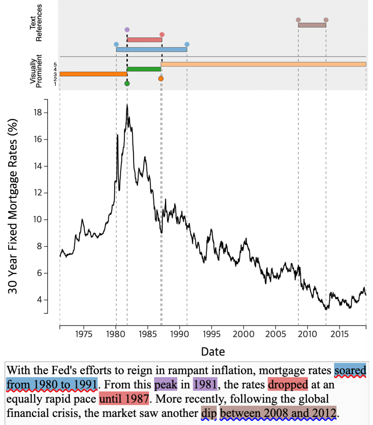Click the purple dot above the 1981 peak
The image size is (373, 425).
(127, 30)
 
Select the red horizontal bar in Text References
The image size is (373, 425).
(145, 40)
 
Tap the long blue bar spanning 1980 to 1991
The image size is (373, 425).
(151, 50)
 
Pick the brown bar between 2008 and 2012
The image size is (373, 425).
(312, 25)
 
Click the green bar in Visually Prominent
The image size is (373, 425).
(144, 69)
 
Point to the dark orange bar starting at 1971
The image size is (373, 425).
(93, 74)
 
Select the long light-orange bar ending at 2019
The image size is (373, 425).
(263, 64)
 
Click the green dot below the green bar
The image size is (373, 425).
(127, 83)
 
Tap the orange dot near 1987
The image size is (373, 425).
(161, 78)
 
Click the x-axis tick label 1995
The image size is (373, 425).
(211, 334)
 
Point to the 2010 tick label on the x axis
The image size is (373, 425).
(307, 334)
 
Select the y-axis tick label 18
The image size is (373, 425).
(38, 112)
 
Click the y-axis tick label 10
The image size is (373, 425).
(38, 219)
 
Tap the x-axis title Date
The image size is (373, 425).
(213, 352)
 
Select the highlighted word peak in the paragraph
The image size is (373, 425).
(166, 385)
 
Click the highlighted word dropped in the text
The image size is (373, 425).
(288, 385)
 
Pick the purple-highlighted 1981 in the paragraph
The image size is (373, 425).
(205, 385)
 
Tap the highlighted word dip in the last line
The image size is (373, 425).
(209, 413)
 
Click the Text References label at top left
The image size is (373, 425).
(36, 23)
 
